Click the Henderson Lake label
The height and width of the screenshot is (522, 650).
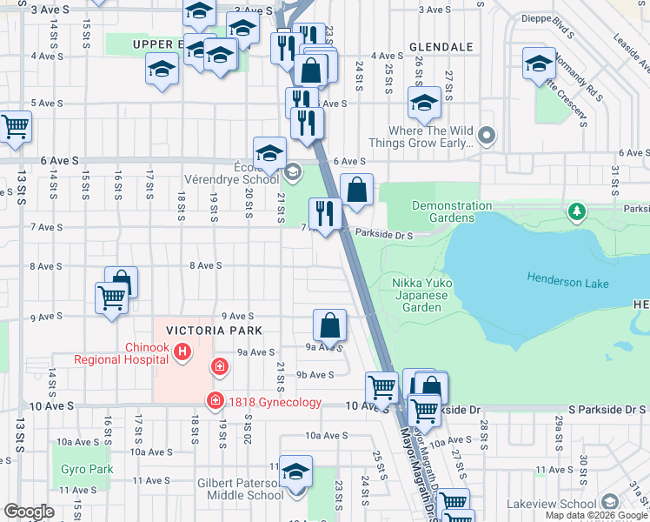click(x=567, y=278)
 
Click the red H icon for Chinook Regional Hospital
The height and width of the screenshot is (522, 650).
click(x=182, y=352)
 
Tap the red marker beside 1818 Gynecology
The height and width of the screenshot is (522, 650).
click(x=213, y=401)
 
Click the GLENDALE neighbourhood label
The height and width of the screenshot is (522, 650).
click(x=440, y=46)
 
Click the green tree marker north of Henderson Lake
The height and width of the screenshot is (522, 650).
click(x=575, y=211)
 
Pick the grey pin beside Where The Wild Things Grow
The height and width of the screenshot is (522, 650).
click(x=487, y=136)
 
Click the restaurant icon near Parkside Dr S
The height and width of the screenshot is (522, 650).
click(x=325, y=213)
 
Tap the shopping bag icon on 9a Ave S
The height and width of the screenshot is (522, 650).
click(x=330, y=327)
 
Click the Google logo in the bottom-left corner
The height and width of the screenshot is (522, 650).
click(x=29, y=511)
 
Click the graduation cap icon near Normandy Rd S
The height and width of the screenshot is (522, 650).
click(x=539, y=64)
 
